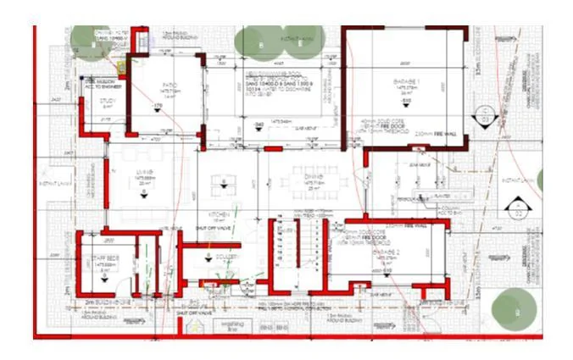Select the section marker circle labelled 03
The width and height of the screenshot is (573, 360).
(485, 117)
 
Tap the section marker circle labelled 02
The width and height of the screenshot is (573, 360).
(515, 207)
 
